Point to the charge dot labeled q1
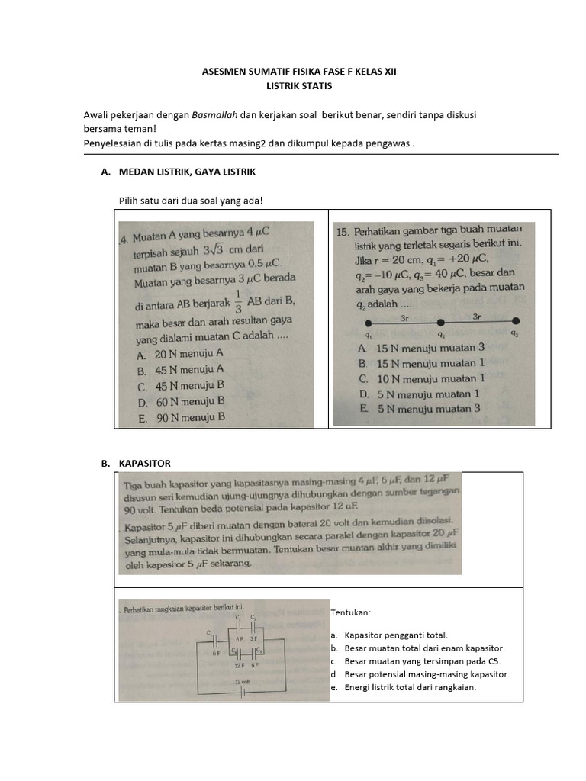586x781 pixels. (x=369, y=321)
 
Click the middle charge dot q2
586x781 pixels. (x=441, y=321)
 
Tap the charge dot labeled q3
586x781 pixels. (x=516, y=321)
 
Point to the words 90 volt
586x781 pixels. (x=140, y=509)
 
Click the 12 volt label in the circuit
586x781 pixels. (x=242, y=680)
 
